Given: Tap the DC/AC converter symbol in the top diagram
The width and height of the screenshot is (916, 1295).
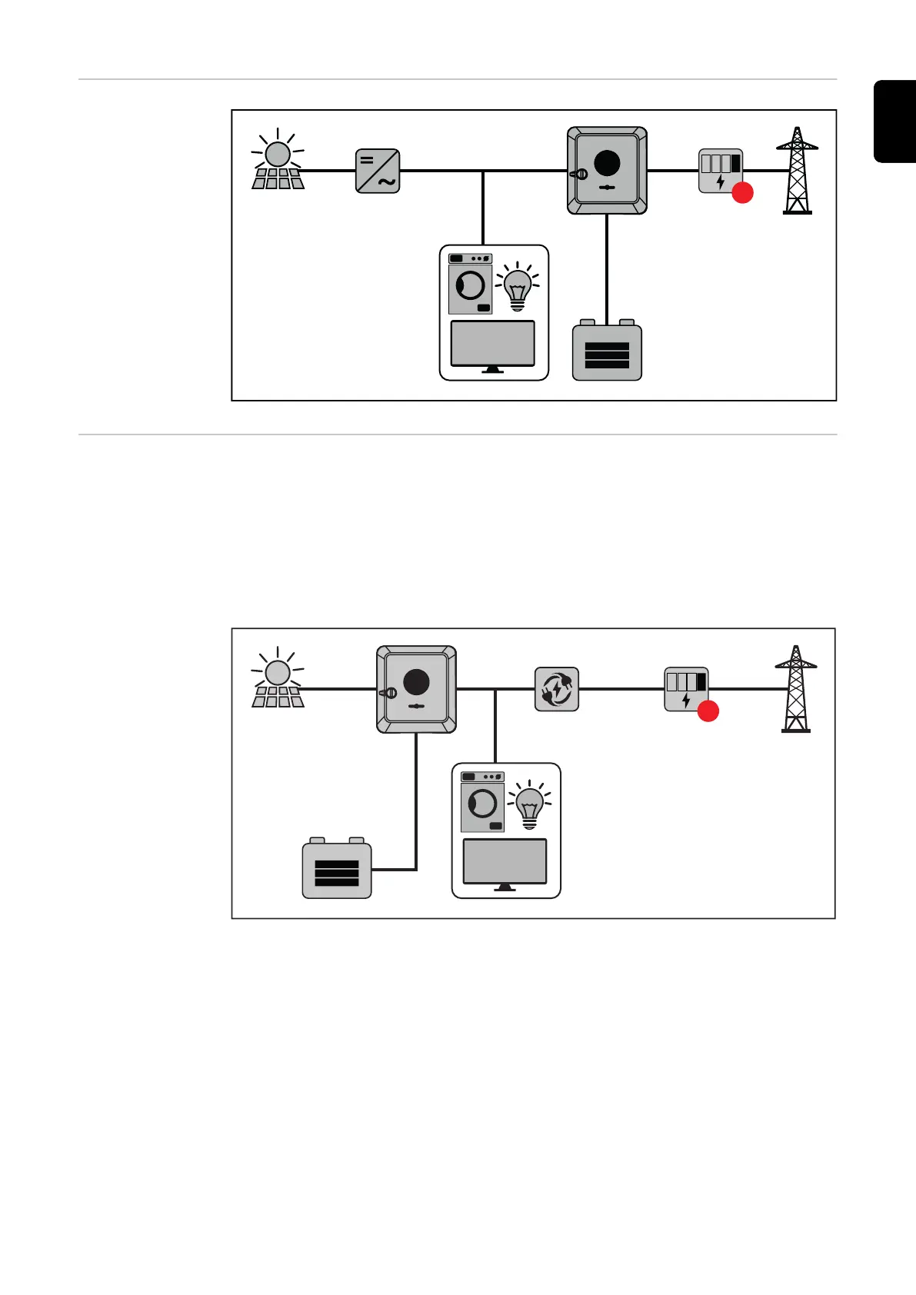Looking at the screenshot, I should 378,171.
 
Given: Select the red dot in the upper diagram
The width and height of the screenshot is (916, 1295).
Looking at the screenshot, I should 742,192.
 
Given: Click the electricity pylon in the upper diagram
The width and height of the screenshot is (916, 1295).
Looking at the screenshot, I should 798,171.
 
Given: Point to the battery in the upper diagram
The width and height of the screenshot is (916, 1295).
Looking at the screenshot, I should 607,351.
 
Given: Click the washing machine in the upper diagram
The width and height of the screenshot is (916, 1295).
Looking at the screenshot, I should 470,285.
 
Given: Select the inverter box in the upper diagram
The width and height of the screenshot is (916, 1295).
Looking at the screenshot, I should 607,171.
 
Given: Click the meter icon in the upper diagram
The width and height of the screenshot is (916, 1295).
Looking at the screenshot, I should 721,171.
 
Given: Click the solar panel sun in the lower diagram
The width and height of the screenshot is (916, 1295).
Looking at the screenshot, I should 278,673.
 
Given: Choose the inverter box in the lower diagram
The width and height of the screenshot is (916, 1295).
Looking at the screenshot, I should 416,689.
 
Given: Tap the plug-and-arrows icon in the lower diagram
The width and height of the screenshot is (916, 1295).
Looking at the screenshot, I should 557,689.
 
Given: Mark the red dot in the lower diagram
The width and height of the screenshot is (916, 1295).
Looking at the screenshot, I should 708,711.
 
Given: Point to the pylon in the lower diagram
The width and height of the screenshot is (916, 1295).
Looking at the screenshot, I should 796,689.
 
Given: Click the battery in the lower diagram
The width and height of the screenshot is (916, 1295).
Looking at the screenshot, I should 337,870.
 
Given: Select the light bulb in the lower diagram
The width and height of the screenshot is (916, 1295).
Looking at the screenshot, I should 530,804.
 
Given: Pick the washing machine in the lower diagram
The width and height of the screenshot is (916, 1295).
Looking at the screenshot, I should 482,803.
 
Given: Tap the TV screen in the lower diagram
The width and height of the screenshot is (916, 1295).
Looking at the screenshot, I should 505,862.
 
